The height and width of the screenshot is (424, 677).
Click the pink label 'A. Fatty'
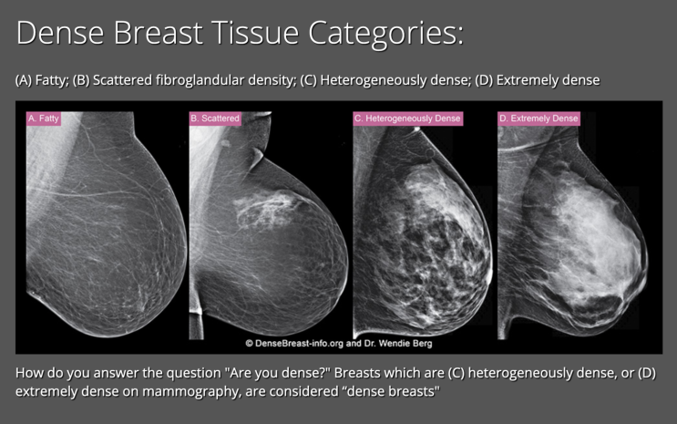(x=43, y=119)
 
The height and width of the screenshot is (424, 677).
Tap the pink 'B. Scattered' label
(x=215, y=119)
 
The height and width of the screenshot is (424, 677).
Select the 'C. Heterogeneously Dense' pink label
(x=407, y=119)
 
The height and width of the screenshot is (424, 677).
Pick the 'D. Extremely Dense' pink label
(x=539, y=119)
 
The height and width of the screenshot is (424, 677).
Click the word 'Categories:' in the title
(x=386, y=33)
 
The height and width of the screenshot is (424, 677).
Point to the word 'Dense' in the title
(x=60, y=33)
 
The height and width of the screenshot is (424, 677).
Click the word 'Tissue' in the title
(x=256, y=33)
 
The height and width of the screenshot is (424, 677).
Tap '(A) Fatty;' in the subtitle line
(x=42, y=80)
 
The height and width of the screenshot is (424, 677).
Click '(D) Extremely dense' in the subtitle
(x=537, y=80)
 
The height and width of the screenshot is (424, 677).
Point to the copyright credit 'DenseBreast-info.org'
(x=299, y=344)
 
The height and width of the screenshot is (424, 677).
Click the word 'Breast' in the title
(x=158, y=33)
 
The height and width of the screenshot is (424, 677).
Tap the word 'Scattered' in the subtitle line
(x=123, y=80)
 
